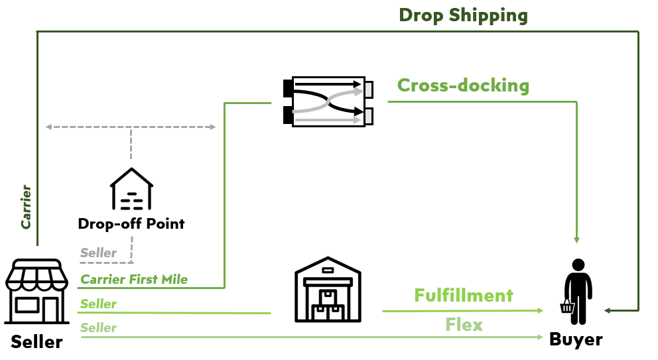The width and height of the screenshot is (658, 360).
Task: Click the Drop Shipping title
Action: tap(463, 16)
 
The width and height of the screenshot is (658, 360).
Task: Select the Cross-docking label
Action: tap(463, 85)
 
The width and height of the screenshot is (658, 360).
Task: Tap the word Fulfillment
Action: tap(464, 296)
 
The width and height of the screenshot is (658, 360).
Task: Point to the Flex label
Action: tap(464, 325)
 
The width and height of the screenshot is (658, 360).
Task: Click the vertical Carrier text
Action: tap(26, 207)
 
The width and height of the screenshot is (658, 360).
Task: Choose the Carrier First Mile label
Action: tap(134, 279)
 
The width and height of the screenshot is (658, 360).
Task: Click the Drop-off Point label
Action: tap(131, 223)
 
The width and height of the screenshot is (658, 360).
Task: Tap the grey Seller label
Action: tap(98, 253)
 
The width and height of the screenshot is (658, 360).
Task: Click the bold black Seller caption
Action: tap(36, 342)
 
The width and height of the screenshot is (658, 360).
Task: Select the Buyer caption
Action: tap(576, 339)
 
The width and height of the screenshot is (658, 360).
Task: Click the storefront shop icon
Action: tap(36, 292)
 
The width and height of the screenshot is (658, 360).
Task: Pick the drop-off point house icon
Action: tap(132, 189)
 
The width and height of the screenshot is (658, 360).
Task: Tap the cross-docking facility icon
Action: tap(328, 101)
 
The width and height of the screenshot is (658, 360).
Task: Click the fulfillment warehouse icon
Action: tap(328, 290)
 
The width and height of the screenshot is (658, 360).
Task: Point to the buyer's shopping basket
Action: tap(567, 306)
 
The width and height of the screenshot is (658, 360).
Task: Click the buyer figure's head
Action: tap(578, 265)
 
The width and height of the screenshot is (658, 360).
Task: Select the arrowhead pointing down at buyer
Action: tap(576, 239)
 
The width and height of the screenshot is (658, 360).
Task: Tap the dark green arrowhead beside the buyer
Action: tap(608, 310)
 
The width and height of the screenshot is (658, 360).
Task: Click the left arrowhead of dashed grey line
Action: tap(48, 127)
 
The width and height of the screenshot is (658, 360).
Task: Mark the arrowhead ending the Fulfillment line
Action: tap(541, 310)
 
